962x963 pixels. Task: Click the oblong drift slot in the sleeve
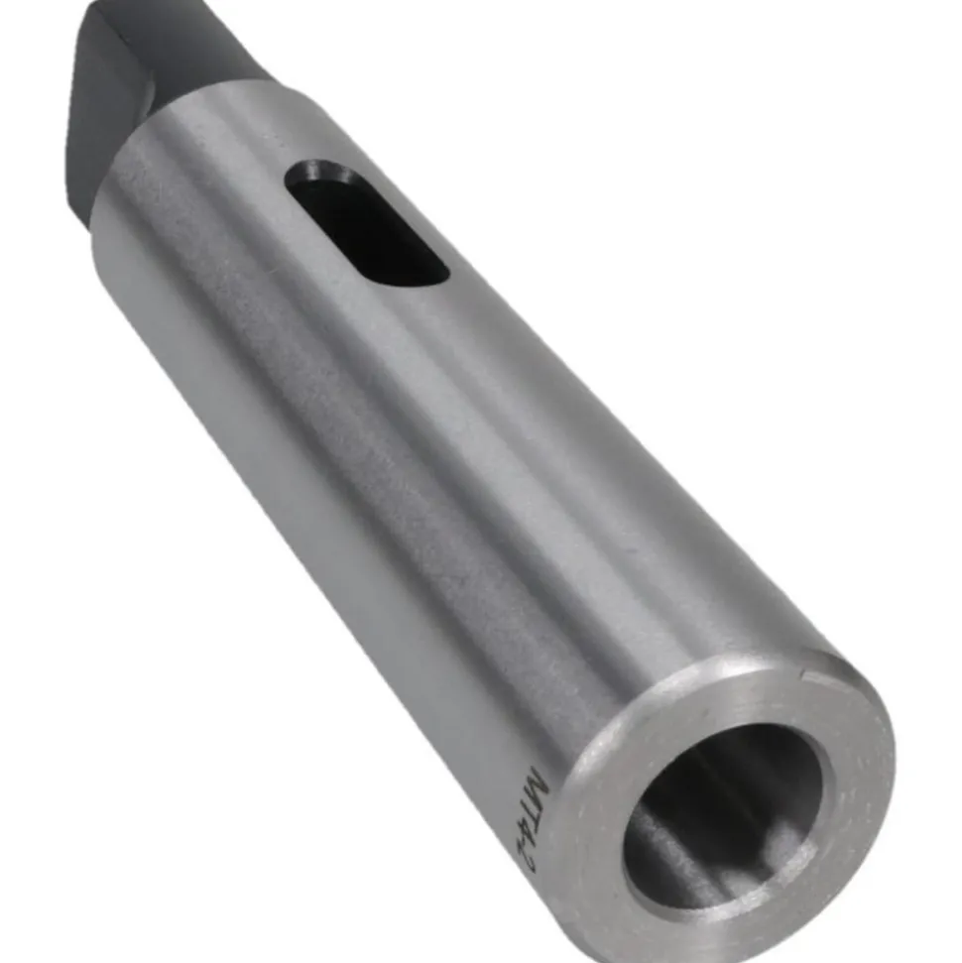[367, 223]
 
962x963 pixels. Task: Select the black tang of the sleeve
[154, 80]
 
